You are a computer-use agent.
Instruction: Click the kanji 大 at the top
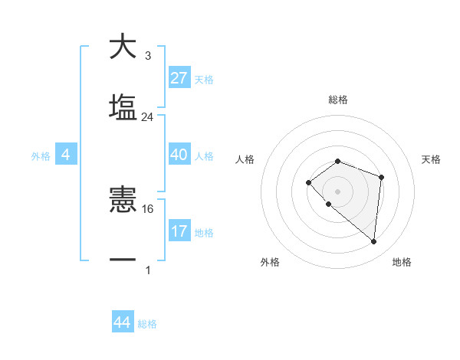pos(123,47)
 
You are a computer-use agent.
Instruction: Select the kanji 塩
pos(123,107)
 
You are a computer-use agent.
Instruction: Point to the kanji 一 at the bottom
pos(123,260)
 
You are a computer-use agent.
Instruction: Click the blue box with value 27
pos(179,77)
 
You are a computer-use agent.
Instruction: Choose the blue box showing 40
pos(179,154)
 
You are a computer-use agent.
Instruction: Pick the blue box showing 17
pos(179,231)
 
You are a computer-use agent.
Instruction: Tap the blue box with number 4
pos(66,155)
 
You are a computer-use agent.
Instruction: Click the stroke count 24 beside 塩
pos(147,117)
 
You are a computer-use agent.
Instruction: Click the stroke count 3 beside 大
pos(147,56)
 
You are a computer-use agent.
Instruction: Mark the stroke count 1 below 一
pos(147,270)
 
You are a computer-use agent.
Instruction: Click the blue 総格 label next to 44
pos(147,324)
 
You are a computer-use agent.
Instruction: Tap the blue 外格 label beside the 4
pos(41,156)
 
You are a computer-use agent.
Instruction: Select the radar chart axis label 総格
pos(337,100)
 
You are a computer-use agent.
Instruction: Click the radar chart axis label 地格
pos(402,262)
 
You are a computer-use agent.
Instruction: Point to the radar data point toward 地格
pos(373,241)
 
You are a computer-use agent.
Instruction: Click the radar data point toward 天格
pos(381,177)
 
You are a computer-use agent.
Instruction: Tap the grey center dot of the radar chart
pos(337,191)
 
